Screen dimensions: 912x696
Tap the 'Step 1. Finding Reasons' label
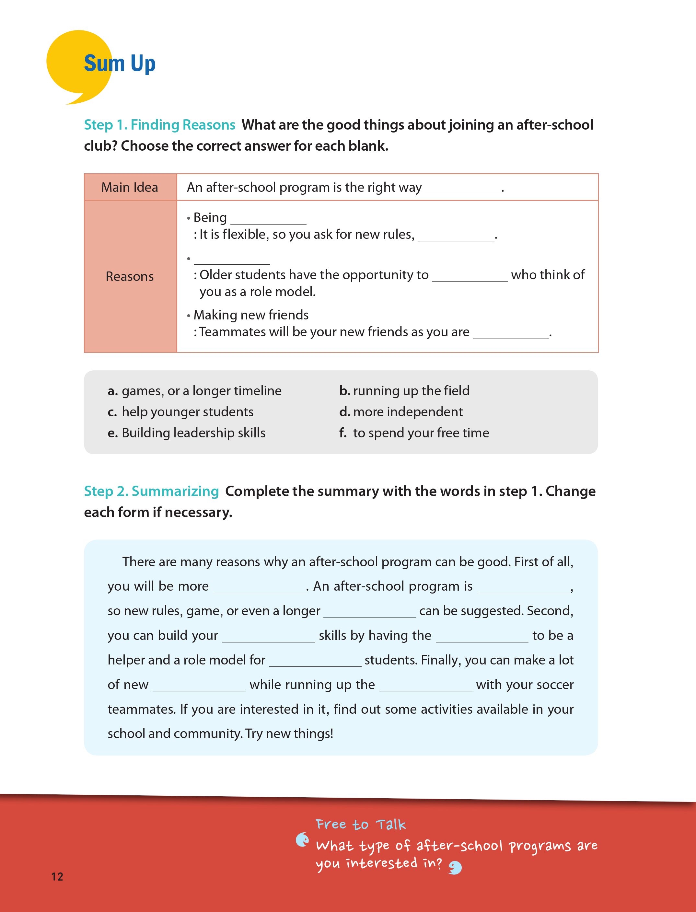(159, 125)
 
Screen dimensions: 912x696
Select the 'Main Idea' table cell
(130, 188)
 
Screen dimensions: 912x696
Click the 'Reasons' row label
(130, 276)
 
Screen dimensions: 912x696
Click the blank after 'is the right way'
(463, 189)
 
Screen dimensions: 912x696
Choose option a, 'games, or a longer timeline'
(195, 391)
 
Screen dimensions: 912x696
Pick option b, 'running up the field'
(404, 391)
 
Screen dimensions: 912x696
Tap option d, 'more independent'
(401, 412)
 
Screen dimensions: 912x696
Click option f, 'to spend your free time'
(414, 433)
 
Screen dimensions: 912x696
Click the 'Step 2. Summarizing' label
(151, 491)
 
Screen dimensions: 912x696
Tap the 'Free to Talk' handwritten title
(360, 825)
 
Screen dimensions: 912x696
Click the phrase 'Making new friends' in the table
(251, 315)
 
